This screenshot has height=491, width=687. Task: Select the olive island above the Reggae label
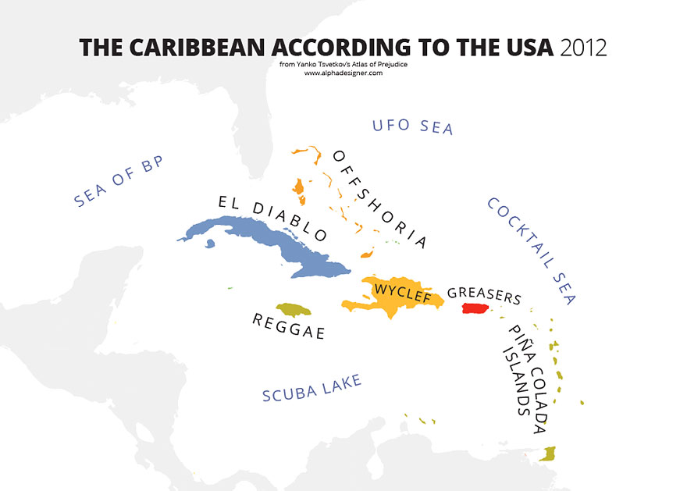(x=293, y=310)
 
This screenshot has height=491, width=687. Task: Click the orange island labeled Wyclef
(x=390, y=301)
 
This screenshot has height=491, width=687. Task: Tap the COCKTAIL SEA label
(x=531, y=250)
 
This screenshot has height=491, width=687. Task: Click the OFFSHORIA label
(x=379, y=198)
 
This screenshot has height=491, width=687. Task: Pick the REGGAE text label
(x=288, y=326)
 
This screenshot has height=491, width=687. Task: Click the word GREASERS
(x=484, y=296)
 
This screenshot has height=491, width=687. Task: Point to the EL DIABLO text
(x=271, y=216)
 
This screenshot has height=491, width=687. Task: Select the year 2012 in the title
(x=583, y=48)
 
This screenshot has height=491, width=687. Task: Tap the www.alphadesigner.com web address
(x=343, y=73)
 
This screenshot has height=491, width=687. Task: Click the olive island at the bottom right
(x=549, y=454)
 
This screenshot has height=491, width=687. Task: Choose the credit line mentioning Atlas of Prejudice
(x=343, y=64)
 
